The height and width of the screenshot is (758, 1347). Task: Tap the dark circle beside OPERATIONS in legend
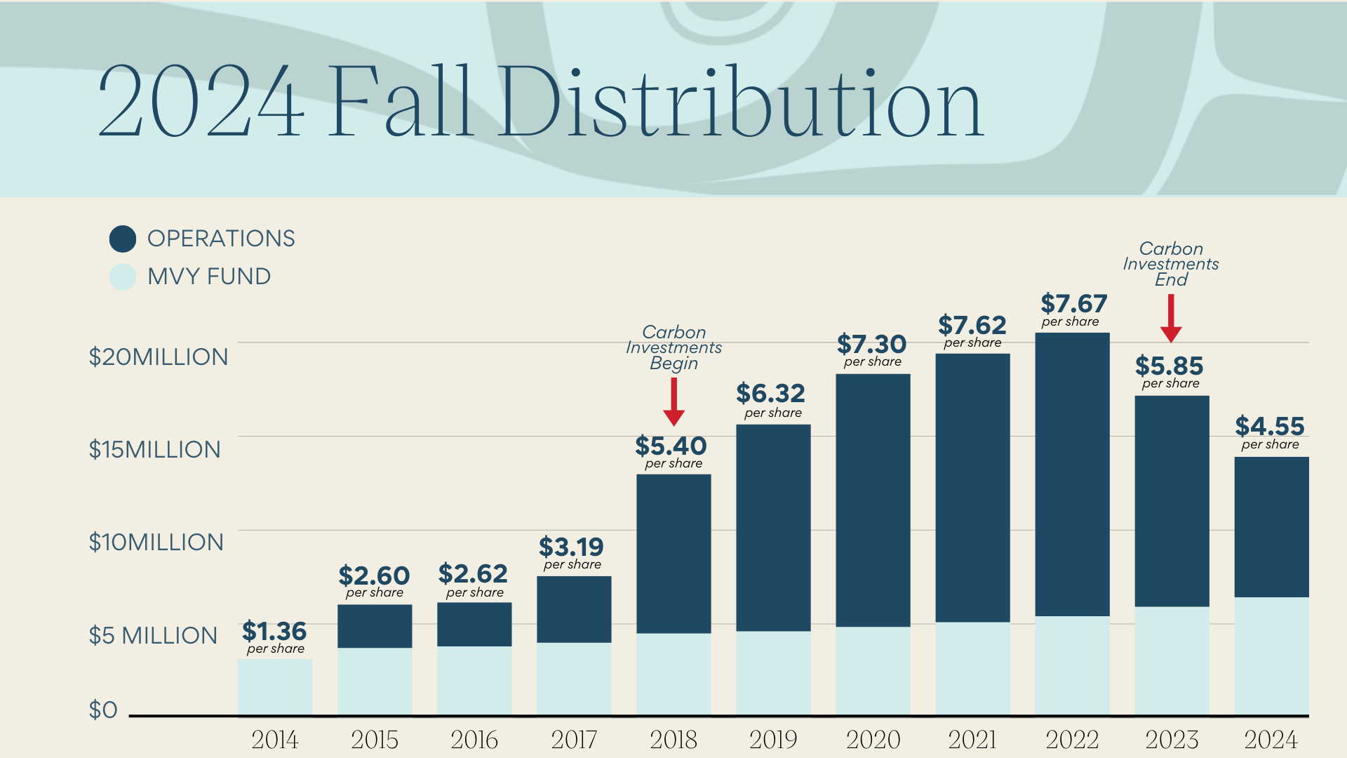[x=123, y=239]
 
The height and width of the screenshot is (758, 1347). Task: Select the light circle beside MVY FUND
[x=123, y=277]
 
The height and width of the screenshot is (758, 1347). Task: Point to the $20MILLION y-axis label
[x=159, y=357]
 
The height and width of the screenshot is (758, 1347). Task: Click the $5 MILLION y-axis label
[x=153, y=635]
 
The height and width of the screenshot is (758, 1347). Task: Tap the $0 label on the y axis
[x=103, y=710]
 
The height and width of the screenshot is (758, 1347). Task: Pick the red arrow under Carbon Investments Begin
[x=673, y=401]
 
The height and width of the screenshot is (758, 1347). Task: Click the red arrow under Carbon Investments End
[x=1171, y=318]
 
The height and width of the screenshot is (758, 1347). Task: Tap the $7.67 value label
[x=1073, y=304]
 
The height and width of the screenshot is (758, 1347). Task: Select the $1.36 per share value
[x=274, y=631]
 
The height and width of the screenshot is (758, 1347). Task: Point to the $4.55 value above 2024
[x=1270, y=426]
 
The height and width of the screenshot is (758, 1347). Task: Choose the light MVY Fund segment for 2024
[x=1271, y=656]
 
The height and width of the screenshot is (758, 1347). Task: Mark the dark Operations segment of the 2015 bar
[x=375, y=625]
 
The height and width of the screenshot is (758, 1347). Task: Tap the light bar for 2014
[x=275, y=687]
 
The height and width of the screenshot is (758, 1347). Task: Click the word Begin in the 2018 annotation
[x=673, y=363]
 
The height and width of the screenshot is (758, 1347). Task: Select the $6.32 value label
[x=770, y=393]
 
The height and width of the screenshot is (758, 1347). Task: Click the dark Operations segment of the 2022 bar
[x=1072, y=474]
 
